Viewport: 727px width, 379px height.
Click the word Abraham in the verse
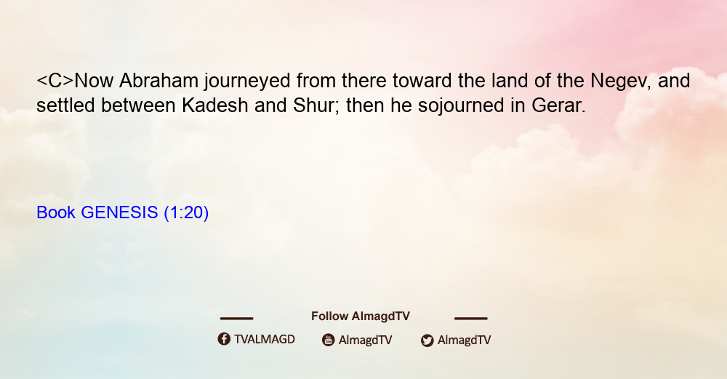pos(159,81)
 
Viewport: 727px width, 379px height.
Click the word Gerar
pos(558,105)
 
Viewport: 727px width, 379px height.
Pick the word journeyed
pos(247,81)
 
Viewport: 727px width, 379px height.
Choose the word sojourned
pos(461,106)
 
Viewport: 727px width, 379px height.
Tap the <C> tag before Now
pos(55,81)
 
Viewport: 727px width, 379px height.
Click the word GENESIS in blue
pos(119,212)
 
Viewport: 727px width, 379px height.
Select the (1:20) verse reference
pos(186,213)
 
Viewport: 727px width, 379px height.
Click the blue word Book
pos(56,212)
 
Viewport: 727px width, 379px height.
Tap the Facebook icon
pos(224,339)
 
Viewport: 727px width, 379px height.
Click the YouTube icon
pos(329,340)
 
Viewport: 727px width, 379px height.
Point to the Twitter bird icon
pos(427,340)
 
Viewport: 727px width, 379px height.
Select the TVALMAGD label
pos(265,340)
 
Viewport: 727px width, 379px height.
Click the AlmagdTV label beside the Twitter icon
pos(464,340)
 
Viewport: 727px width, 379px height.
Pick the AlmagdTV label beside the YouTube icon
pos(366,340)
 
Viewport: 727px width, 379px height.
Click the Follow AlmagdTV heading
pos(361,316)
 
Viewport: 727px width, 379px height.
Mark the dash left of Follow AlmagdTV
pos(236,319)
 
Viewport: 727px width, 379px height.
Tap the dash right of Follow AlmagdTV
pos(471,319)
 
